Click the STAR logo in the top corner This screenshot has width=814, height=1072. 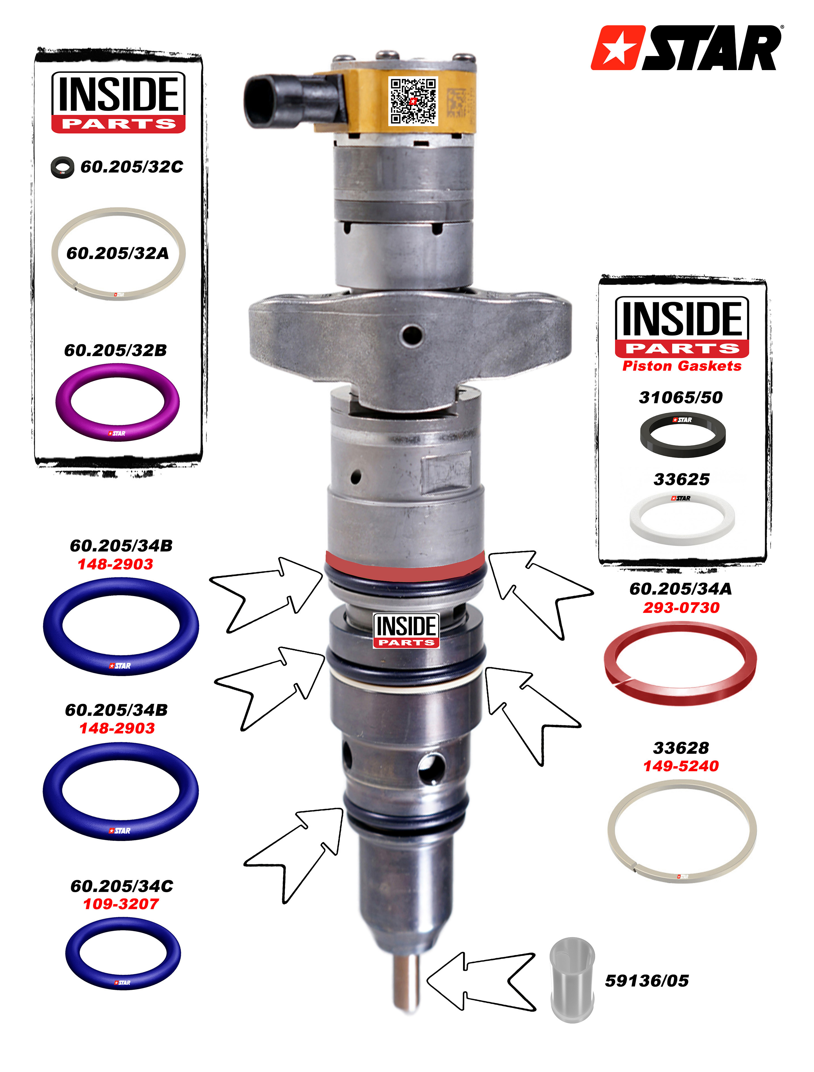point(686,47)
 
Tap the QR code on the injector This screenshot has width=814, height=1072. point(413,101)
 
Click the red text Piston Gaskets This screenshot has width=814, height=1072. point(682,366)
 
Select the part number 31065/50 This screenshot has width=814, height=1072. point(681,397)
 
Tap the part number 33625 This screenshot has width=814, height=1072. point(681,479)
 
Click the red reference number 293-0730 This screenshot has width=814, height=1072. point(681,608)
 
